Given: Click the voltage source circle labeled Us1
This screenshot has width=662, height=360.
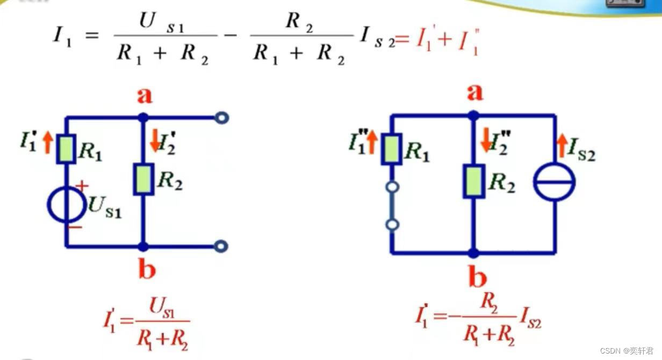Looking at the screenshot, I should (66, 205).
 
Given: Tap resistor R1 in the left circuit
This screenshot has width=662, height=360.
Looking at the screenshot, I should (66, 149).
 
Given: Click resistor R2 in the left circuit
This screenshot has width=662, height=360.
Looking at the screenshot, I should (142, 179).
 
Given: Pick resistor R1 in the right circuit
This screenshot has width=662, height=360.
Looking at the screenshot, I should (392, 149).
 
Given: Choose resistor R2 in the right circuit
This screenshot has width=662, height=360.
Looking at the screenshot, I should (473, 181).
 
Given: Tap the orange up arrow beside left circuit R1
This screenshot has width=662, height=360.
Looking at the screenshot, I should (47, 142).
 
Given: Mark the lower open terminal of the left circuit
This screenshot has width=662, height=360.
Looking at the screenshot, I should (220, 246).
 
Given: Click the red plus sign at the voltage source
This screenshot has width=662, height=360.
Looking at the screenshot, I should (82, 186).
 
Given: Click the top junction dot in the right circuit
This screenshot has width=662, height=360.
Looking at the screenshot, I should (473, 115).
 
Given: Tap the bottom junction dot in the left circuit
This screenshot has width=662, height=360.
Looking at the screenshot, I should (142, 247).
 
